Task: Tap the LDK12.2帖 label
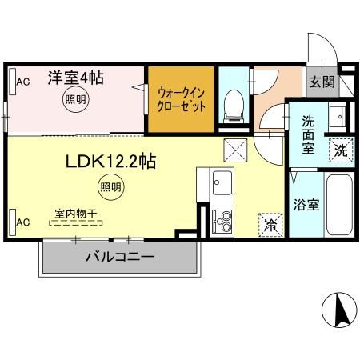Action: coord(110,160)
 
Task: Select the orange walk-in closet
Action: coord(180,99)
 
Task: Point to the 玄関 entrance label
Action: coord(323,82)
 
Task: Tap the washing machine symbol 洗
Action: coord(341,148)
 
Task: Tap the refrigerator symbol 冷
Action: coord(271,226)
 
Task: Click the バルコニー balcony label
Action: coord(119,258)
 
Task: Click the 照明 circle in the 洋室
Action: coord(76,100)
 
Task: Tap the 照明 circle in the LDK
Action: coord(110,188)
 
